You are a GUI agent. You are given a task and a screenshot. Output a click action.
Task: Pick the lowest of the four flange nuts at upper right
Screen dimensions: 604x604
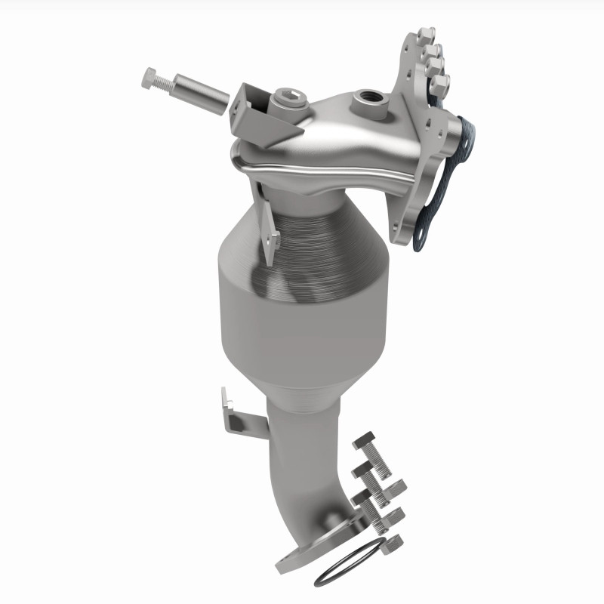pyautogui.click(x=442, y=81)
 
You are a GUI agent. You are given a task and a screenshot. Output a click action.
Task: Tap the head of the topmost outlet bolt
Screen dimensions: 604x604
pyautogui.click(x=364, y=441)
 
